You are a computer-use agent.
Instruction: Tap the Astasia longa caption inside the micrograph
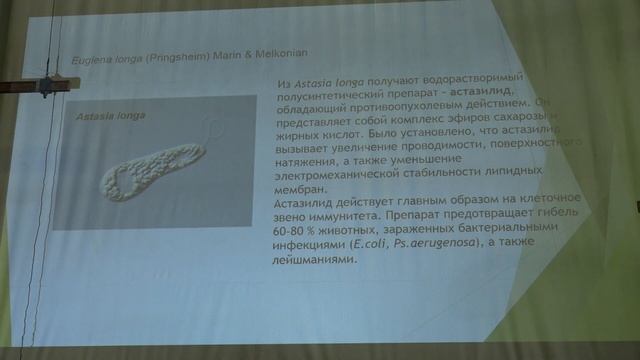110,117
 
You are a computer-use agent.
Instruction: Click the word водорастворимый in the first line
440,79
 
